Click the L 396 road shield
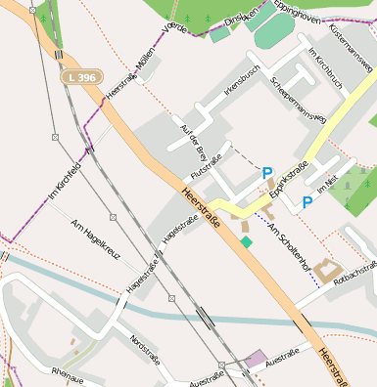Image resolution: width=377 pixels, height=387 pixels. pyautogui.click(x=81, y=76)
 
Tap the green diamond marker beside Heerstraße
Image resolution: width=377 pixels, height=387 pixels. pyautogui.click(x=246, y=241)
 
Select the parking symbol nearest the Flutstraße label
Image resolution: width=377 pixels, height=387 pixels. pyautogui.click(x=267, y=174)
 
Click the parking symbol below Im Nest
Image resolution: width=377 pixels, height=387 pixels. pyautogui.click(x=306, y=202)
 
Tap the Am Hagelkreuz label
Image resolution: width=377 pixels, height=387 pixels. pyautogui.click(x=94, y=240)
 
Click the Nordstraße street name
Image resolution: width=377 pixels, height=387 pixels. pyautogui.click(x=143, y=348)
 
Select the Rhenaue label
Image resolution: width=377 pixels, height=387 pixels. pyautogui.click(x=68, y=374)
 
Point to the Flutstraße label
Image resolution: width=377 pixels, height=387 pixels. pyautogui.click(x=207, y=161)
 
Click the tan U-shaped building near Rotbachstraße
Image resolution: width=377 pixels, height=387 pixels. pyautogui.click(x=327, y=271)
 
